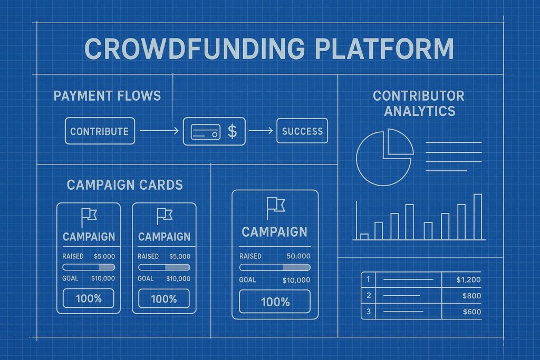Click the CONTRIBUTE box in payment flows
tap(100, 131)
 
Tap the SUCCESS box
tap(302, 131)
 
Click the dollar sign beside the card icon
tap(232, 131)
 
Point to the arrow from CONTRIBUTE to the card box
tap(158, 131)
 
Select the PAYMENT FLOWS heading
tap(107, 96)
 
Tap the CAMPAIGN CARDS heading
tap(124, 184)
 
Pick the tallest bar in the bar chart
tap(478, 217)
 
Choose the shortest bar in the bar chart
tap(364, 237)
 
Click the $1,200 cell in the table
tap(468, 280)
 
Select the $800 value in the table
tap(472, 296)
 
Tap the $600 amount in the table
tap(472, 312)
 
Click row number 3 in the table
tap(368, 312)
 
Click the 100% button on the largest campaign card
tap(275, 302)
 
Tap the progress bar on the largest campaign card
tap(275, 268)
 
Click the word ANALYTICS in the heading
tap(419, 111)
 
